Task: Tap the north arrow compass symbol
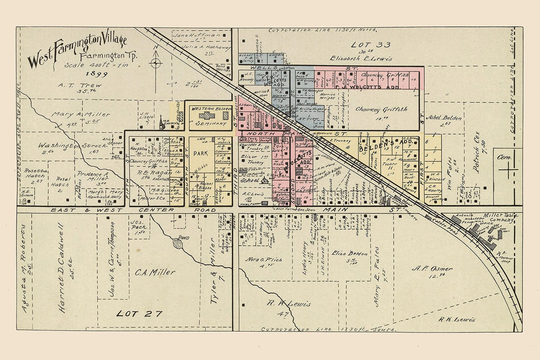pyautogui.click(x=155, y=63)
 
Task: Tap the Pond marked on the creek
pyautogui.click(x=181, y=243)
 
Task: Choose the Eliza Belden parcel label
pyautogui.click(x=350, y=253)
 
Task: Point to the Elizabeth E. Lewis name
pyautogui.click(x=361, y=58)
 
